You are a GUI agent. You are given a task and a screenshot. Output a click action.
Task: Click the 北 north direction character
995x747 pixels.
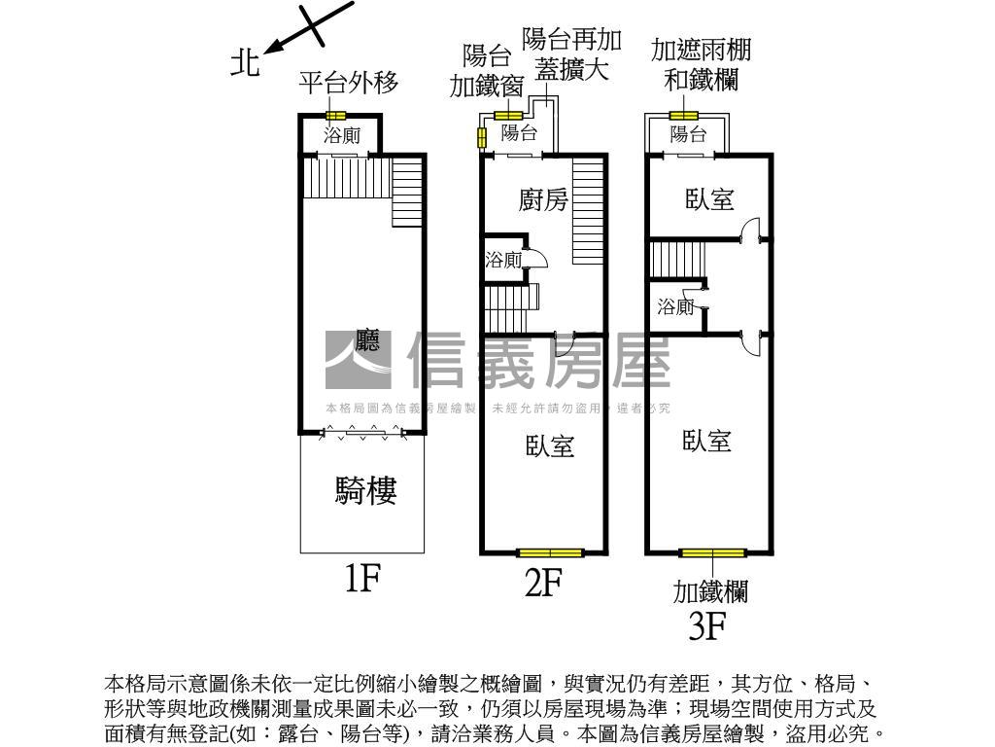(x=245, y=63)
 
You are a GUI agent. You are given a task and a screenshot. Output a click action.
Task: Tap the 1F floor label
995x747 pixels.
(x=362, y=578)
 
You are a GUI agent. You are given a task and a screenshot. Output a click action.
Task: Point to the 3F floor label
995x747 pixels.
(x=707, y=625)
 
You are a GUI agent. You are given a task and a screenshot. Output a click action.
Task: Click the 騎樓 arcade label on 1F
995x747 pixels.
(x=365, y=490)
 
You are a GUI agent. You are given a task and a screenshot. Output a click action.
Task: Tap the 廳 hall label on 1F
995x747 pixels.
(x=367, y=340)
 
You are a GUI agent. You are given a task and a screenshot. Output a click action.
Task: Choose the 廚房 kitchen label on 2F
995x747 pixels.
(x=543, y=200)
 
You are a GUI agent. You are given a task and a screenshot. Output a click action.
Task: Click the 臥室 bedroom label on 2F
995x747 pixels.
(x=550, y=445)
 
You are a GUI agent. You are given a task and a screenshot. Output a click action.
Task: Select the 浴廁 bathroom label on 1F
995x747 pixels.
(x=342, y=134)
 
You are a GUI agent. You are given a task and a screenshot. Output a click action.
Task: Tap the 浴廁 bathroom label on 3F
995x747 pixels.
(x=675, y=307)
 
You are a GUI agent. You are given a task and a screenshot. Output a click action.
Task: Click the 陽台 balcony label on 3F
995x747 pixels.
(x=689, y=134)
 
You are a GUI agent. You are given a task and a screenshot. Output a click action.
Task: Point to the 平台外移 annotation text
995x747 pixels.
(x=349, y=83)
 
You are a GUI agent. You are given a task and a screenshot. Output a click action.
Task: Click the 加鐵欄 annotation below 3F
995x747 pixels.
(x=710, y=591)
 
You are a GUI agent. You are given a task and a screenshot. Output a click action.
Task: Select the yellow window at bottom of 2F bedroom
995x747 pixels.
(x=550, y=552)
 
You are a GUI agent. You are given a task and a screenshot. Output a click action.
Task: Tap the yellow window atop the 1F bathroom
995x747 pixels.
(x=335, y=116)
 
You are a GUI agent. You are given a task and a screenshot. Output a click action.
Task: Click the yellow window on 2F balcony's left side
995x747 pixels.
(x=481, y=137)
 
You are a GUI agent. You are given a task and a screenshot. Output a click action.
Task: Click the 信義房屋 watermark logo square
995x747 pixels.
(x=358, y=360)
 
